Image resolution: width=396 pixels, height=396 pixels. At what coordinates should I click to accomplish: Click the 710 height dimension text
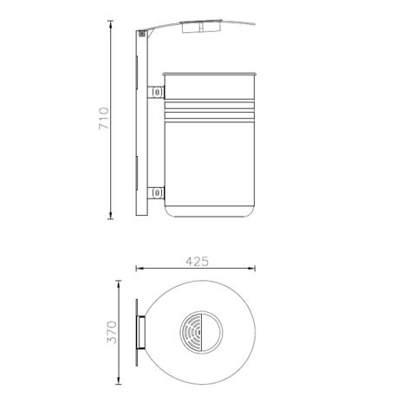tap(103, 119)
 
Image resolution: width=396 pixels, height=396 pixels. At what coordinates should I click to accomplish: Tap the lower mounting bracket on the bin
tap(156, 192)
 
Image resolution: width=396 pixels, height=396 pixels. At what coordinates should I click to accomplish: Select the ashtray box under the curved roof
tap(199, 27)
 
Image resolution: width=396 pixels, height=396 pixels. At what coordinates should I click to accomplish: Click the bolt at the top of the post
tap(140, 35)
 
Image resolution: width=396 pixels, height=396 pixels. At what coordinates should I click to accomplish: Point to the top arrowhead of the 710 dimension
tap(112, 23)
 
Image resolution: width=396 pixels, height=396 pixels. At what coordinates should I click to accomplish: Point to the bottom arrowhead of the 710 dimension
tap(112, 217)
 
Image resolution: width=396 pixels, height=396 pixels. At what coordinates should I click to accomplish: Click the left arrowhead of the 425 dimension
tap(138, 270)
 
